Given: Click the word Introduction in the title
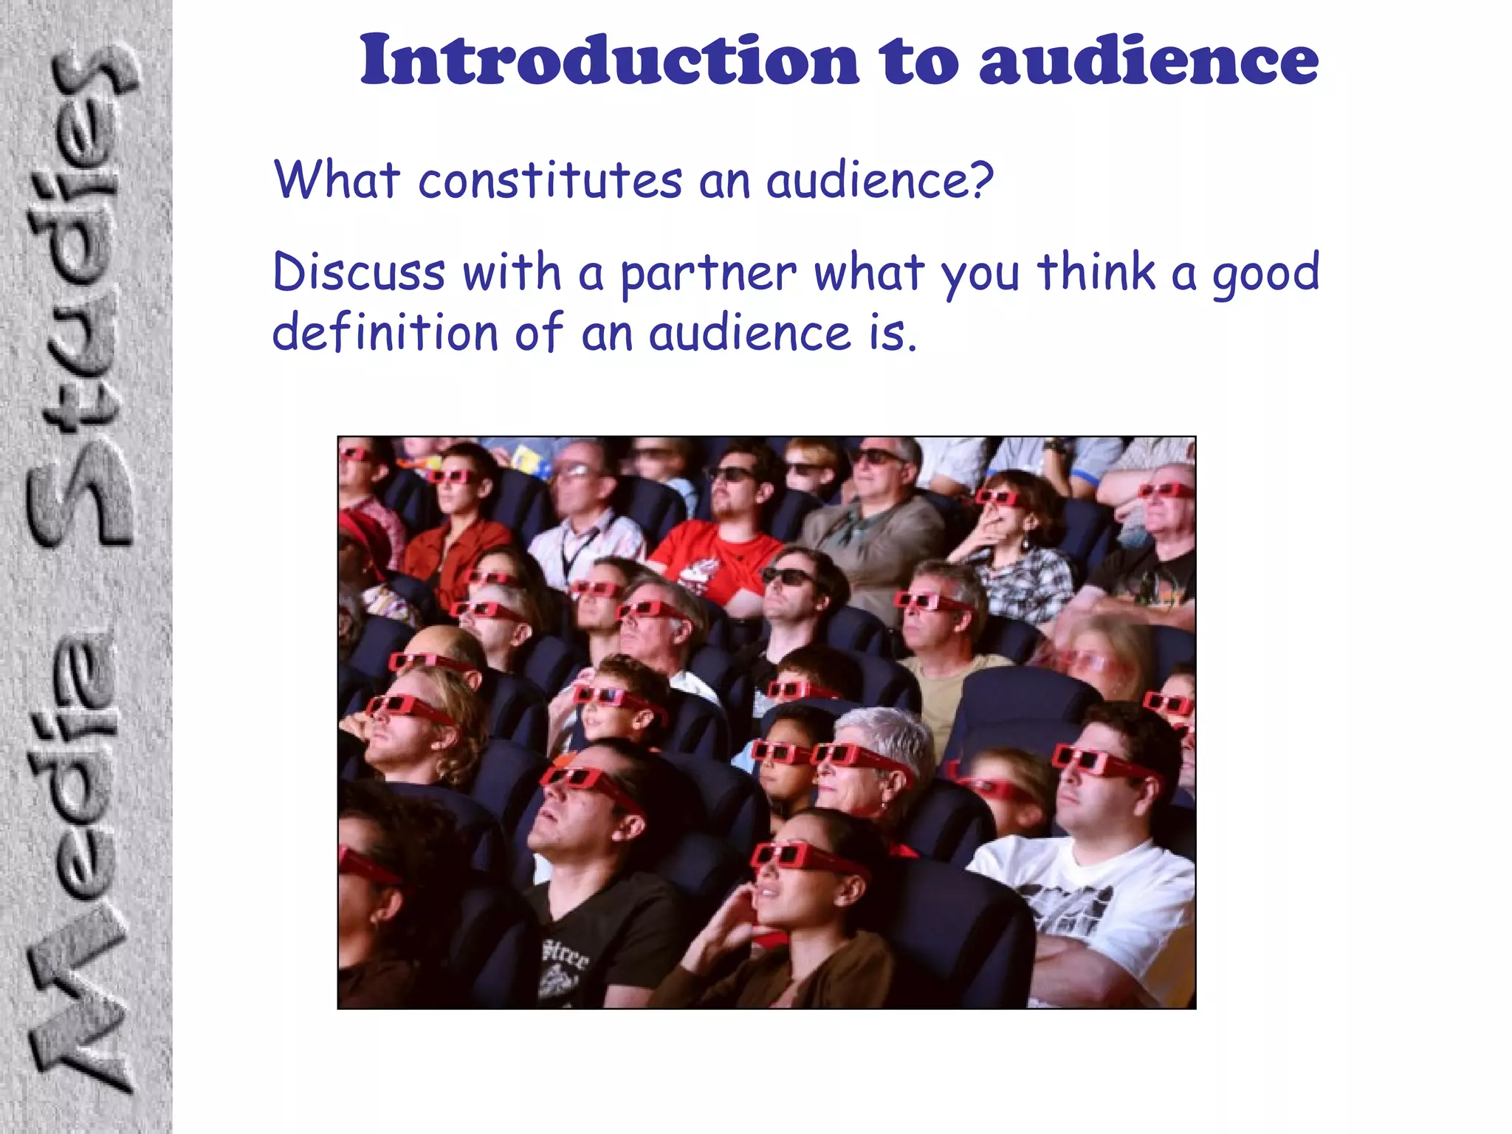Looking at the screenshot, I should [x=609, y=61].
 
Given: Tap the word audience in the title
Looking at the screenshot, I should [x=1149, y=61].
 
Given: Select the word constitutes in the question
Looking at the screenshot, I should [x=550, y=181].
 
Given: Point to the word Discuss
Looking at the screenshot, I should [x=359, y=272].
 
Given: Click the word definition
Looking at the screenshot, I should [x=385, y=332].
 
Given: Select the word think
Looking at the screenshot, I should [x=1096, y=272].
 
